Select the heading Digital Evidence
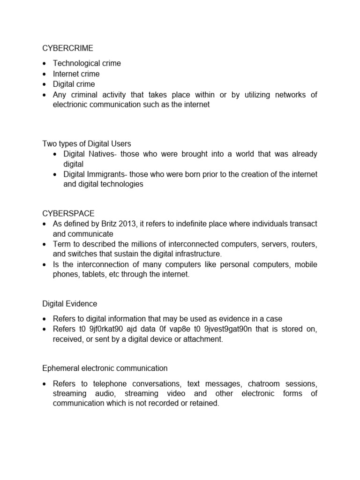click(70, 304)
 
